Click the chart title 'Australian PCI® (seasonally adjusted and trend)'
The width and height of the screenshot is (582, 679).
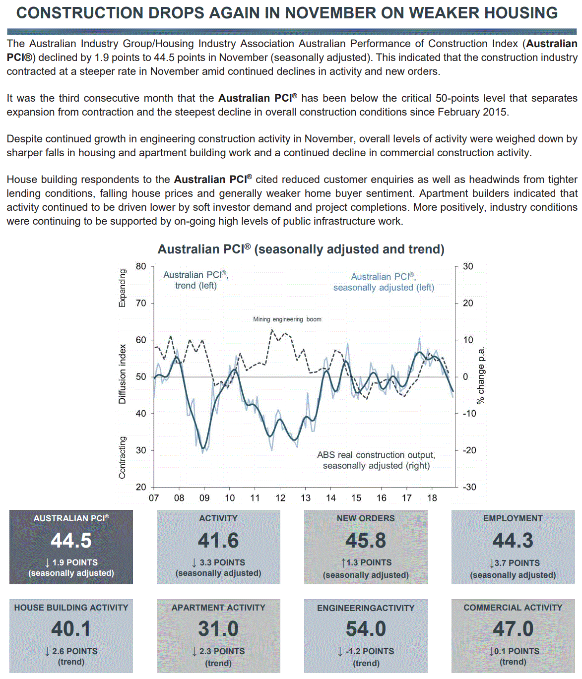point(301,249)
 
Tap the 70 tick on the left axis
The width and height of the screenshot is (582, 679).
point(141,303)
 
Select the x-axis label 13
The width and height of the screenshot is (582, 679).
point(306,498)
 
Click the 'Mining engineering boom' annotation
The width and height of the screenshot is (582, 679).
point(287,319)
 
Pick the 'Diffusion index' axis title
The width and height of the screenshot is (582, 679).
point(123,374)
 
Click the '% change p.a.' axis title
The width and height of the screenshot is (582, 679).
point(480,375)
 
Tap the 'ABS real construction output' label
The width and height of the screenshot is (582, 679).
point(376,455)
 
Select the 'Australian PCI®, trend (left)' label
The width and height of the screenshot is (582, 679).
point(195,280)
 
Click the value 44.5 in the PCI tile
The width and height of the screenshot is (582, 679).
point(71,541)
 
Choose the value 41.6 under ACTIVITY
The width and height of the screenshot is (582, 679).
point(218,541)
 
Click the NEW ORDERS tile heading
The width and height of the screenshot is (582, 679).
point(366,518)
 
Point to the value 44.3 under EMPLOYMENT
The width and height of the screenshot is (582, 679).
point(513,541)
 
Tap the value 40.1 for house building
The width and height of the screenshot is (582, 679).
point(71,629)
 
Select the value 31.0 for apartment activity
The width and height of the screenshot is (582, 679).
point(218,629)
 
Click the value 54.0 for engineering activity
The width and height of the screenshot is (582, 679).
point(366,629)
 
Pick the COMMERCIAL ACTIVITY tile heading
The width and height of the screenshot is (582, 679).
point(513,608)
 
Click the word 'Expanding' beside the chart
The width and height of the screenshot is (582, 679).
point(123,288)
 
